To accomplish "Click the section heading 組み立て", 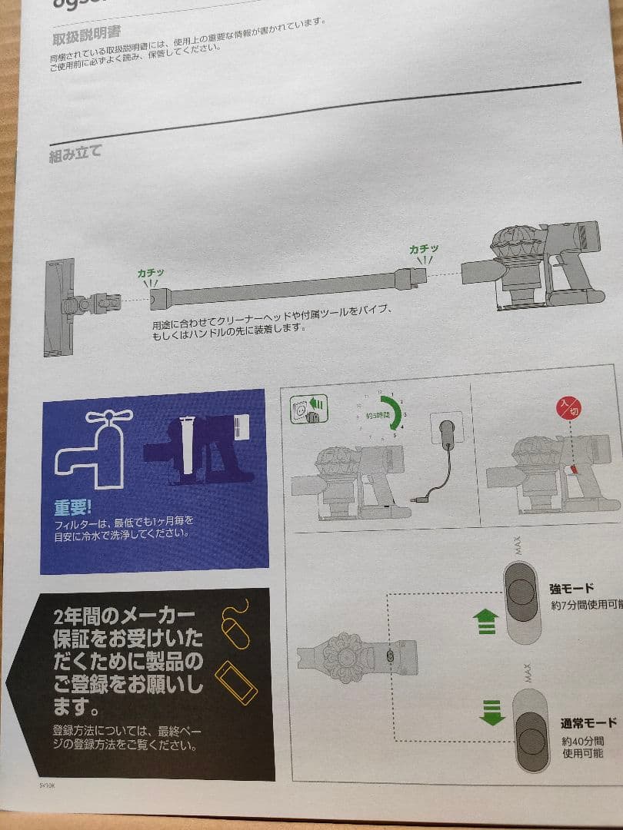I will tap(75, 150).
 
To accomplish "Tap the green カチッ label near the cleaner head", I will tap(151, 273).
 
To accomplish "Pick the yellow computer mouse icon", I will tap(235, 624).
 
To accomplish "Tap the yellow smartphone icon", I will tap(236, 682).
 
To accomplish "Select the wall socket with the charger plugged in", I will tap(447, 430).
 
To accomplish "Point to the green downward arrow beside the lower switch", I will tap(489, 712).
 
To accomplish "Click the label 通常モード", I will tap(588, 723).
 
